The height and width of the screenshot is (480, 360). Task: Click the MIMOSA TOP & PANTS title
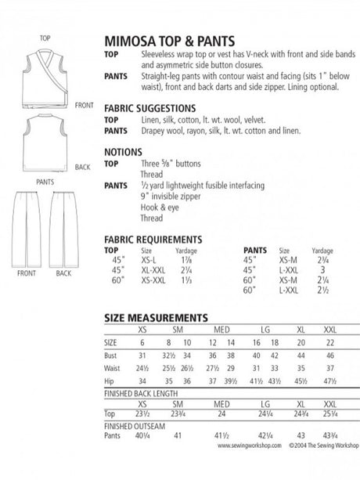point(167,42)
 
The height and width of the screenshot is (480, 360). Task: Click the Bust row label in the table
point(112,355)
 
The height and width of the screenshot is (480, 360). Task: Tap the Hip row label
point(110,381)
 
